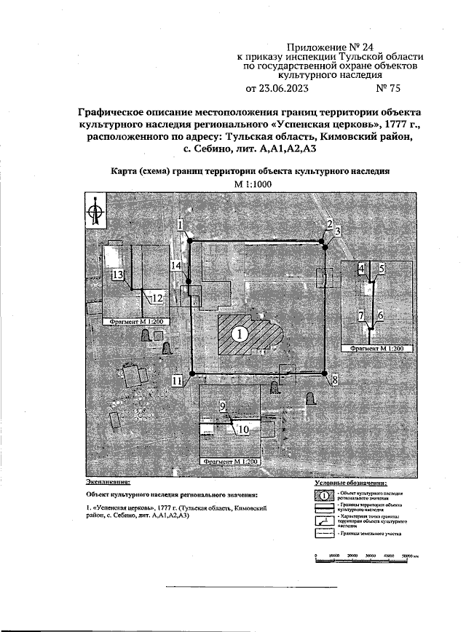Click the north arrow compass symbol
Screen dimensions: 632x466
click(x=95, y=210)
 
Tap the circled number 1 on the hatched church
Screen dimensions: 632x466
click(x=238, y=334)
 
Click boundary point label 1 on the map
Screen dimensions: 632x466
click(x=179, y=226)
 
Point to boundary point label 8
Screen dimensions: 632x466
click(x=334, y=380)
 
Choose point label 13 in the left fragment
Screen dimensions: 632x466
click(x=117, y=274)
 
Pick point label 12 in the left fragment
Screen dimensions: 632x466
click(x=156, y=297)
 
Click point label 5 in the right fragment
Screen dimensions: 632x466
click(x=382, y=269)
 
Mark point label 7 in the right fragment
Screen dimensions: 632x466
click(x=360, y=315)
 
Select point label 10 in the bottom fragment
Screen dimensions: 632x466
click(x=244, y=430)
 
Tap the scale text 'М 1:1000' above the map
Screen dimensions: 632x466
click(x=252, y=184)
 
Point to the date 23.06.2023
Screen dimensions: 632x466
click(x=278, y=90)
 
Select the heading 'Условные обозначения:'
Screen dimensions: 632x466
click(x=350, y=482)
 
